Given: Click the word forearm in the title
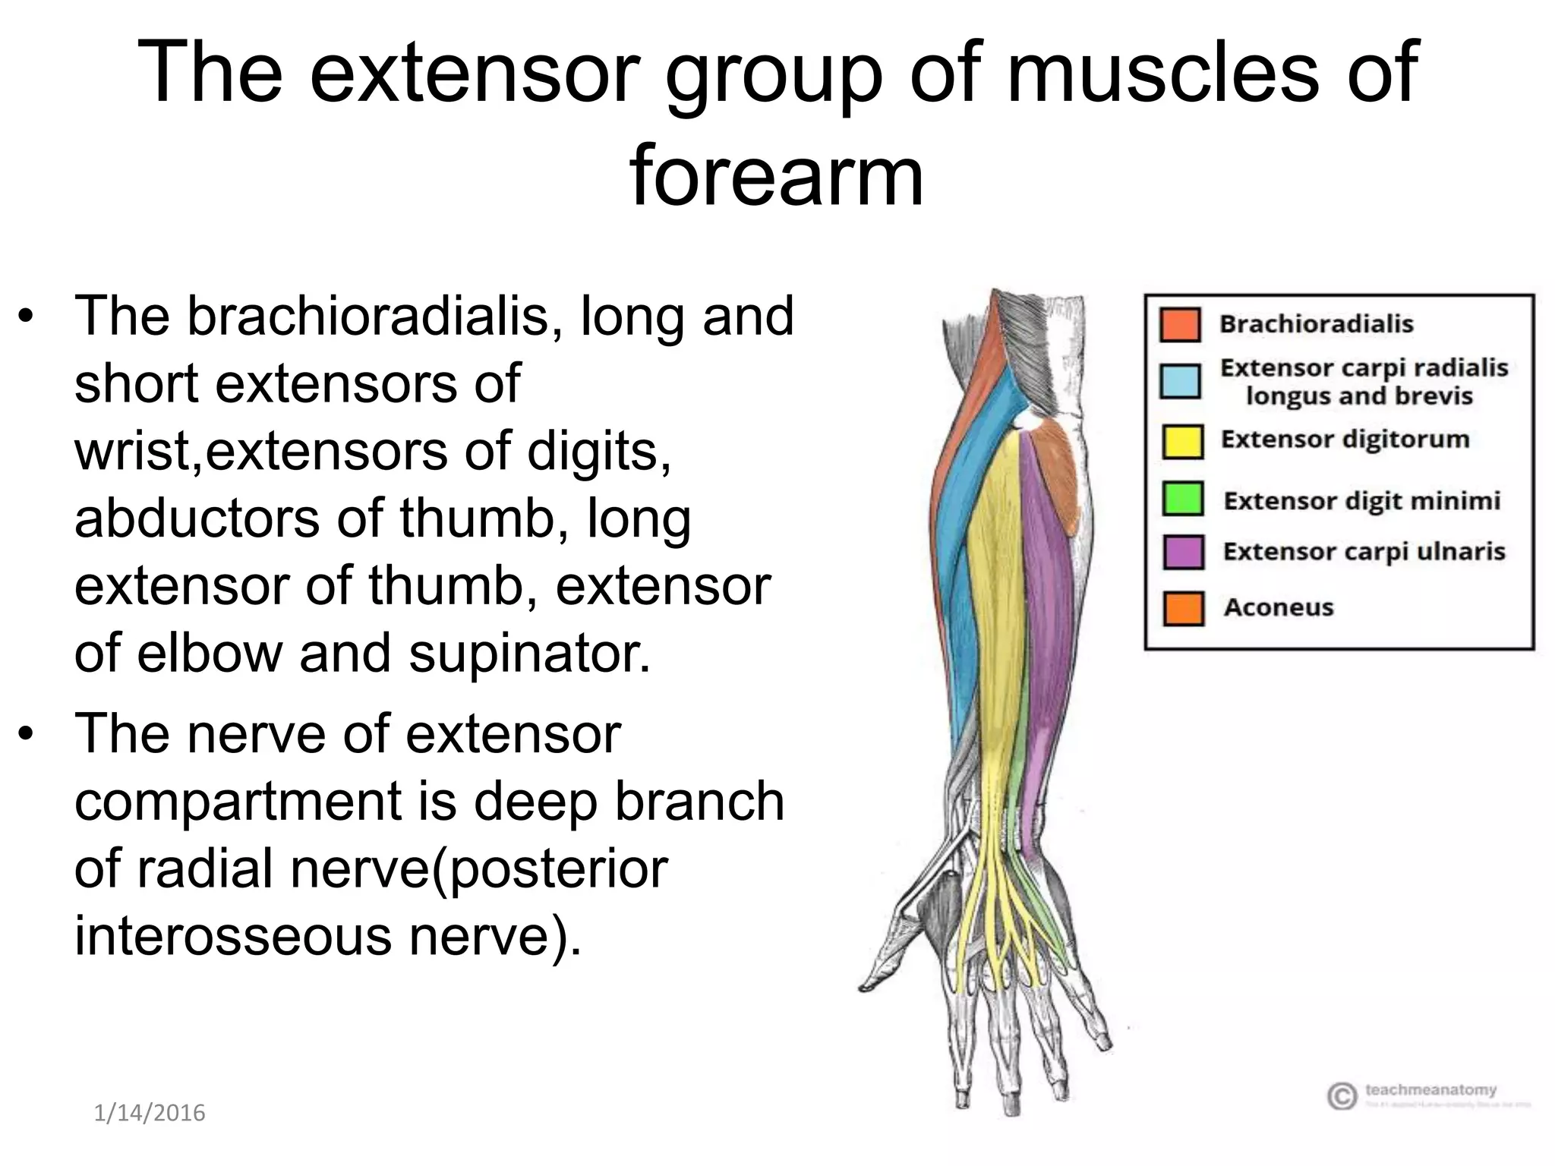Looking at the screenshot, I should [x=776, y=176].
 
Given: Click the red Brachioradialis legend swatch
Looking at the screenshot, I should [x=1180, y=325].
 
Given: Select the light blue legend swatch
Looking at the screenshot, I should [x=1180, y=381].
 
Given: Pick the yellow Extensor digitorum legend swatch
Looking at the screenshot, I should [x=1182, y=441].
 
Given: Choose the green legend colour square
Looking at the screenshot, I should [x=1182, y=499].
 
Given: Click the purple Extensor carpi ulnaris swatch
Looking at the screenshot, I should [x=1182, y=552].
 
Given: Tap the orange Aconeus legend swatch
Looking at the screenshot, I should [x=1182, y=608].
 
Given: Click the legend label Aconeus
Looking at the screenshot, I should [x=1278, y=607].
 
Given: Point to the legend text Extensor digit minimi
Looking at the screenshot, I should [x=1361, y=501].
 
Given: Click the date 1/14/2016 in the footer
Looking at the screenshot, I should [x=150, y=1113].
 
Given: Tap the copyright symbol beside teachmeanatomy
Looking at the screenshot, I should [x=1342, y=1095].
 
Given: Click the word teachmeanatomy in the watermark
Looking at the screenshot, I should [x=1430, y=1090].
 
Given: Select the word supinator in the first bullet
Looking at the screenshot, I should [x=529, y=654].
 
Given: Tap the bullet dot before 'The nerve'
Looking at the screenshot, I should [x=27, y=735].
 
